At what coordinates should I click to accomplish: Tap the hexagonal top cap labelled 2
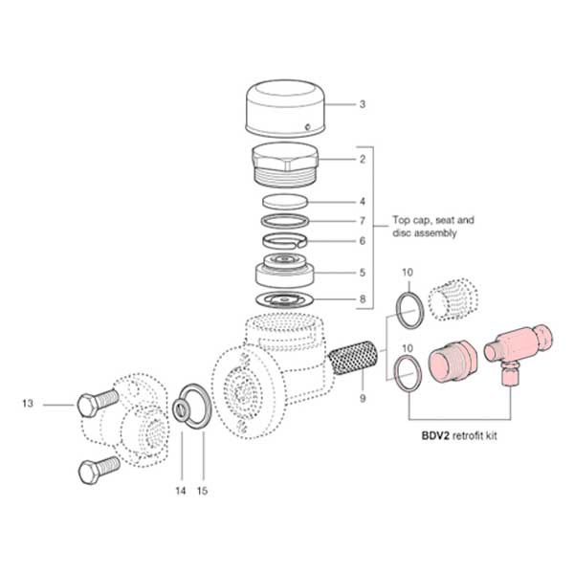285,165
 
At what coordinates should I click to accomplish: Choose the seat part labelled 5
285,273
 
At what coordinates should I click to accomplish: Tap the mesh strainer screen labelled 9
353,363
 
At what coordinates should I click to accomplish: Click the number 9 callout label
363,396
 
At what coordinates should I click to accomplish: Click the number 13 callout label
30,405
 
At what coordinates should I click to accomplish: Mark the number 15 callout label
202,491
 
